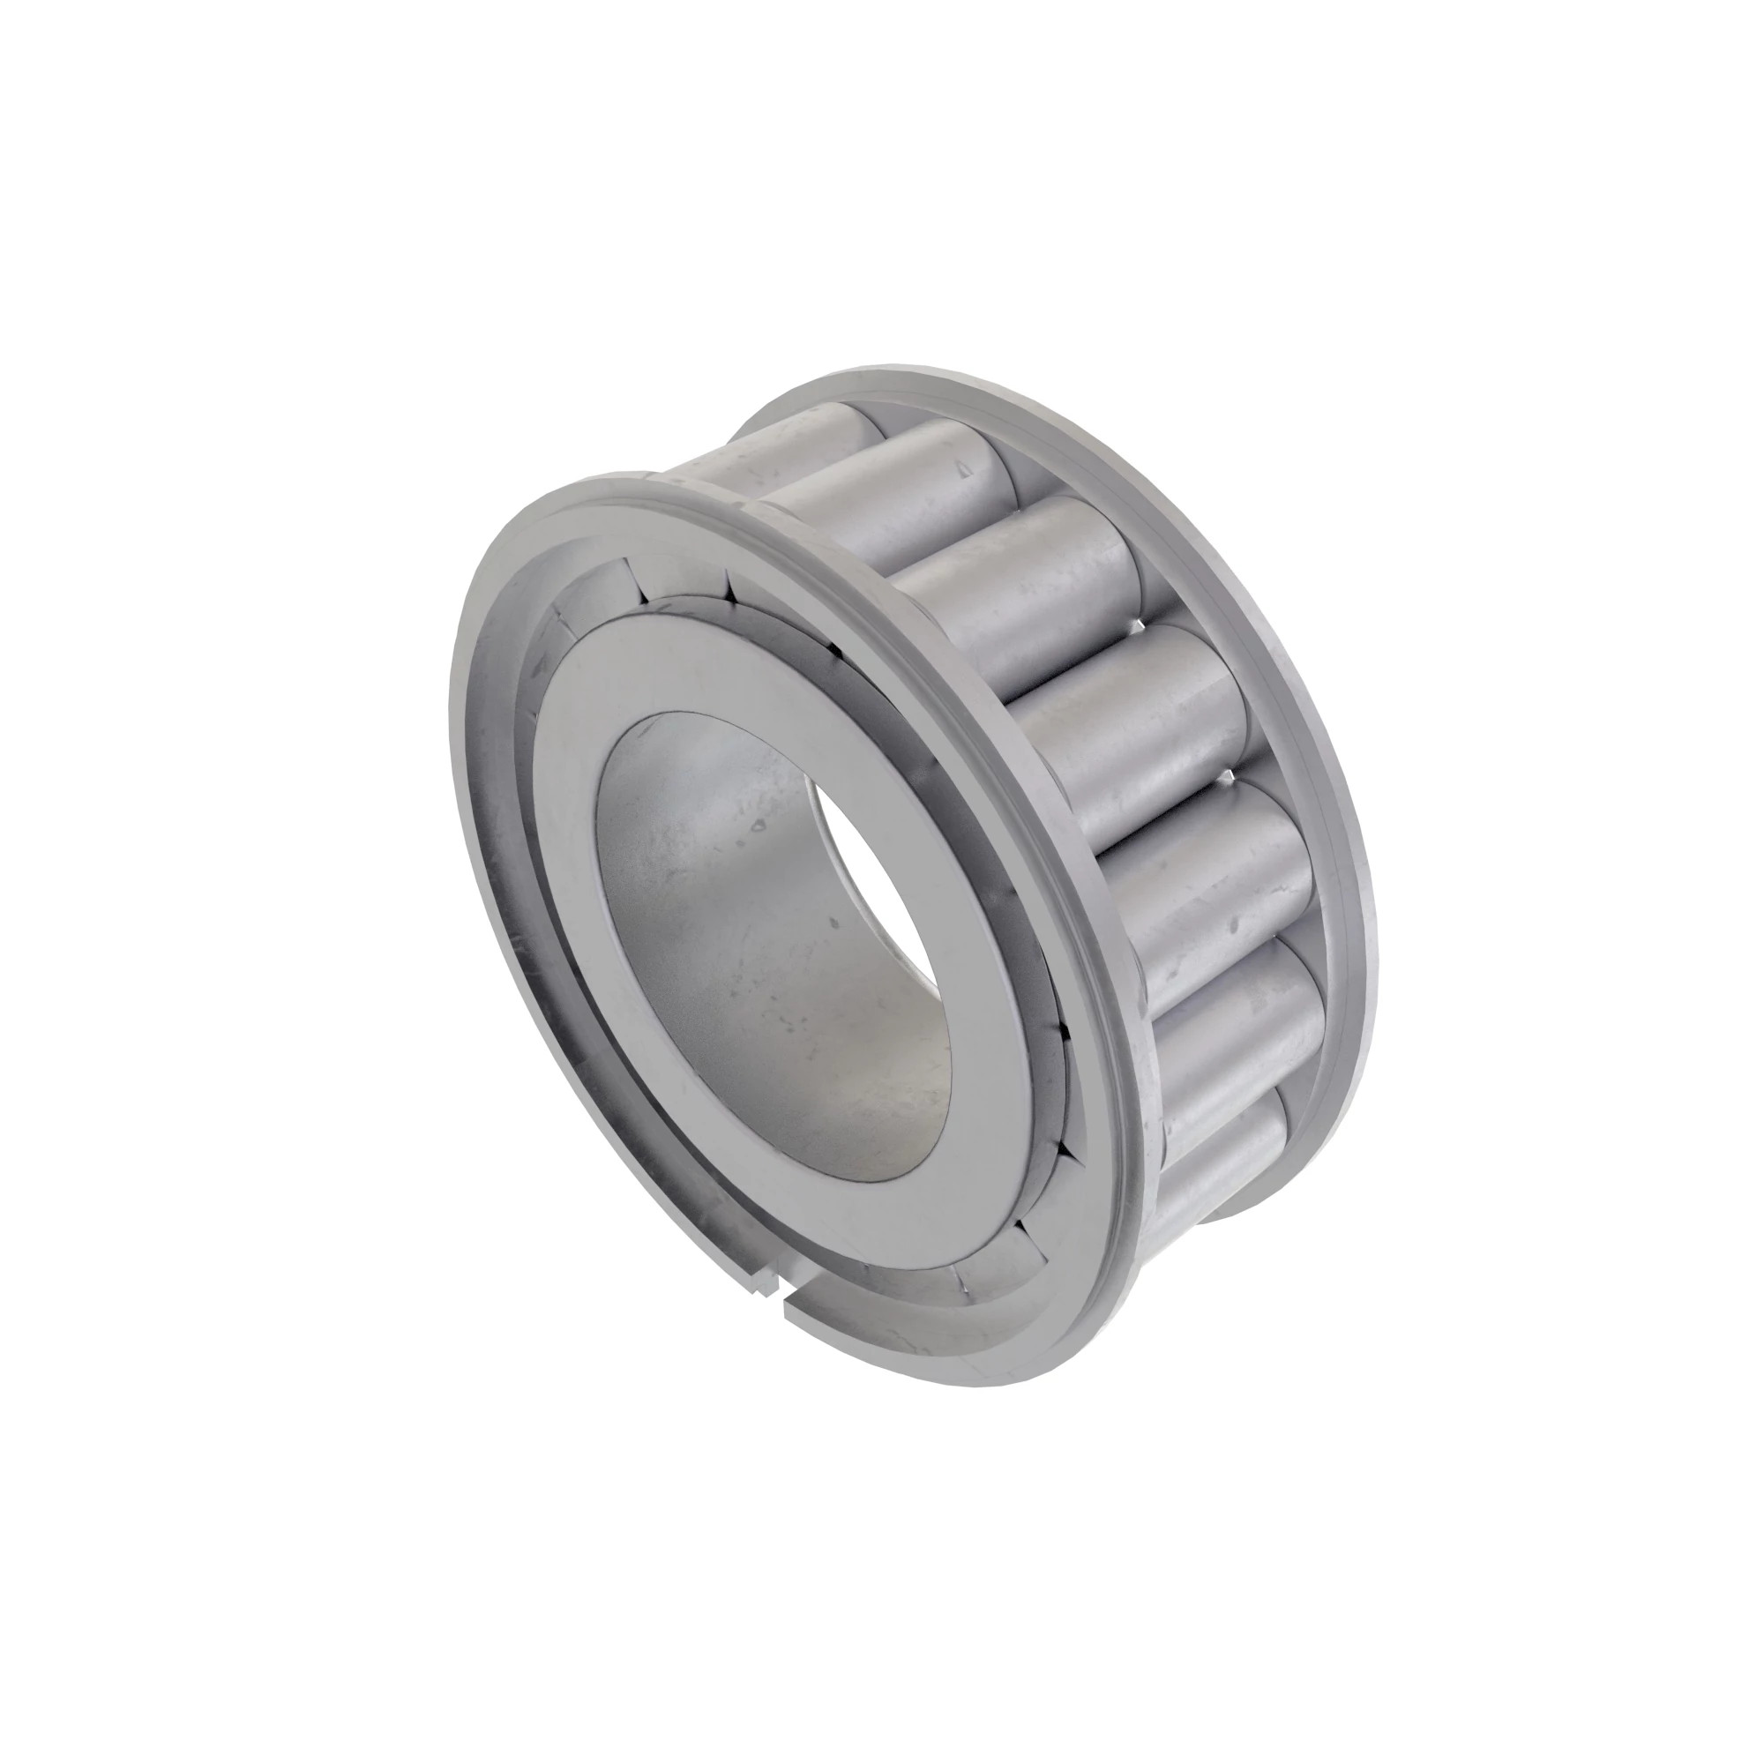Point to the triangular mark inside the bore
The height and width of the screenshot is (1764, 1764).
[757, 826]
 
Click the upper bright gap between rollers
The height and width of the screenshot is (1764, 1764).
[1132, 627]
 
